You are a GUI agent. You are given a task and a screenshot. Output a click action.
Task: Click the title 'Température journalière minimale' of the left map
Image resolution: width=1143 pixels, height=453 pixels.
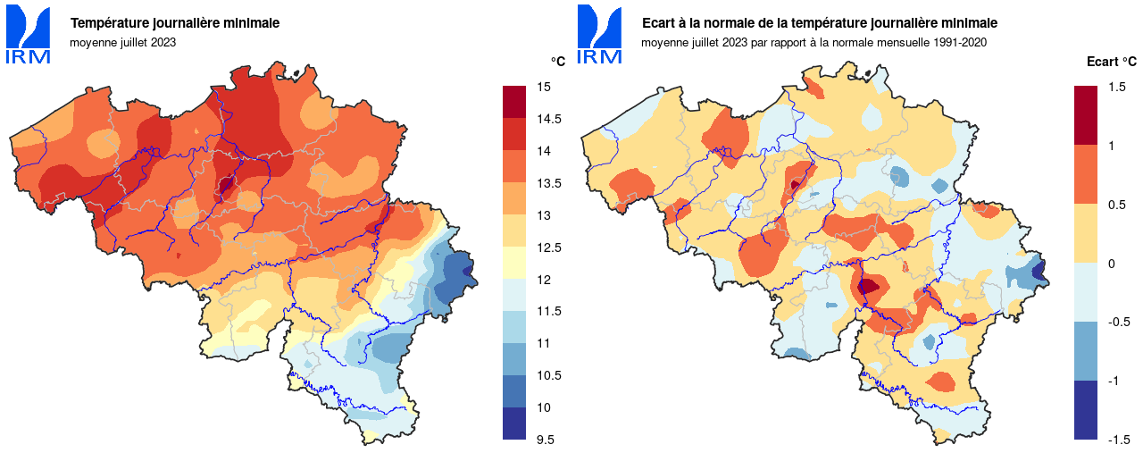(175, 22)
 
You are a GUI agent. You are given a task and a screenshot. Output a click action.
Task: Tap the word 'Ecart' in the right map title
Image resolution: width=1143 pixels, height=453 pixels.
(660, 22)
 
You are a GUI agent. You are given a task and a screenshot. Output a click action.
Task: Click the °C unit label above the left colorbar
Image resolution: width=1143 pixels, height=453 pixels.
(557, 61)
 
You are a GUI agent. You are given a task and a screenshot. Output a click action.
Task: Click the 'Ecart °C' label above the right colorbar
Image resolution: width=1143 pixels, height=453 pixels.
(1111, 62)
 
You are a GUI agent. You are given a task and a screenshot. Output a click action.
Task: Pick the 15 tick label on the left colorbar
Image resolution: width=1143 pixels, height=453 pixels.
(543, 87)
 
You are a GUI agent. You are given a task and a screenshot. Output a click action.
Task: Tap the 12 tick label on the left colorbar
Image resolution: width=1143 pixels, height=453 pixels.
(543, 280)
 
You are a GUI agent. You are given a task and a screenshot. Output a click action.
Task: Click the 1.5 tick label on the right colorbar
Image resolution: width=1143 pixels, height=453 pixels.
(1116, 87)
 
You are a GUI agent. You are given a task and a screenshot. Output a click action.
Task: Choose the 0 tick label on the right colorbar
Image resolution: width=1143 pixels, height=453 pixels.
(1111, 264)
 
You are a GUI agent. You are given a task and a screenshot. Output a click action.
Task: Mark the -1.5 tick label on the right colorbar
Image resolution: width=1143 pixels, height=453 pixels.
(1118, 440)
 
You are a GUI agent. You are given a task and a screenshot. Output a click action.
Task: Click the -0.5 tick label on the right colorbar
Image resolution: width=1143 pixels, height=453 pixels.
(1118, 322)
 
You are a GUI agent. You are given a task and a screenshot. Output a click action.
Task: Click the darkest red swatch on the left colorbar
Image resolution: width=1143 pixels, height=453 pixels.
(514, 102)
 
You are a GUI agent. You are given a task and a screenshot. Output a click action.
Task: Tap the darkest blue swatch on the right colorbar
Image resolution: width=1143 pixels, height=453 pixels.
(1086, 410)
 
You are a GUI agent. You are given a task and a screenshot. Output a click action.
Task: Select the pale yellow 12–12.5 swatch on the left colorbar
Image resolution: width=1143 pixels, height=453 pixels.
(514, 263)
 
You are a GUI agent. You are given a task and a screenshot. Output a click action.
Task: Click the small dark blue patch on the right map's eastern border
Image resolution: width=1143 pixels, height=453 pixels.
(1039, 271)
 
